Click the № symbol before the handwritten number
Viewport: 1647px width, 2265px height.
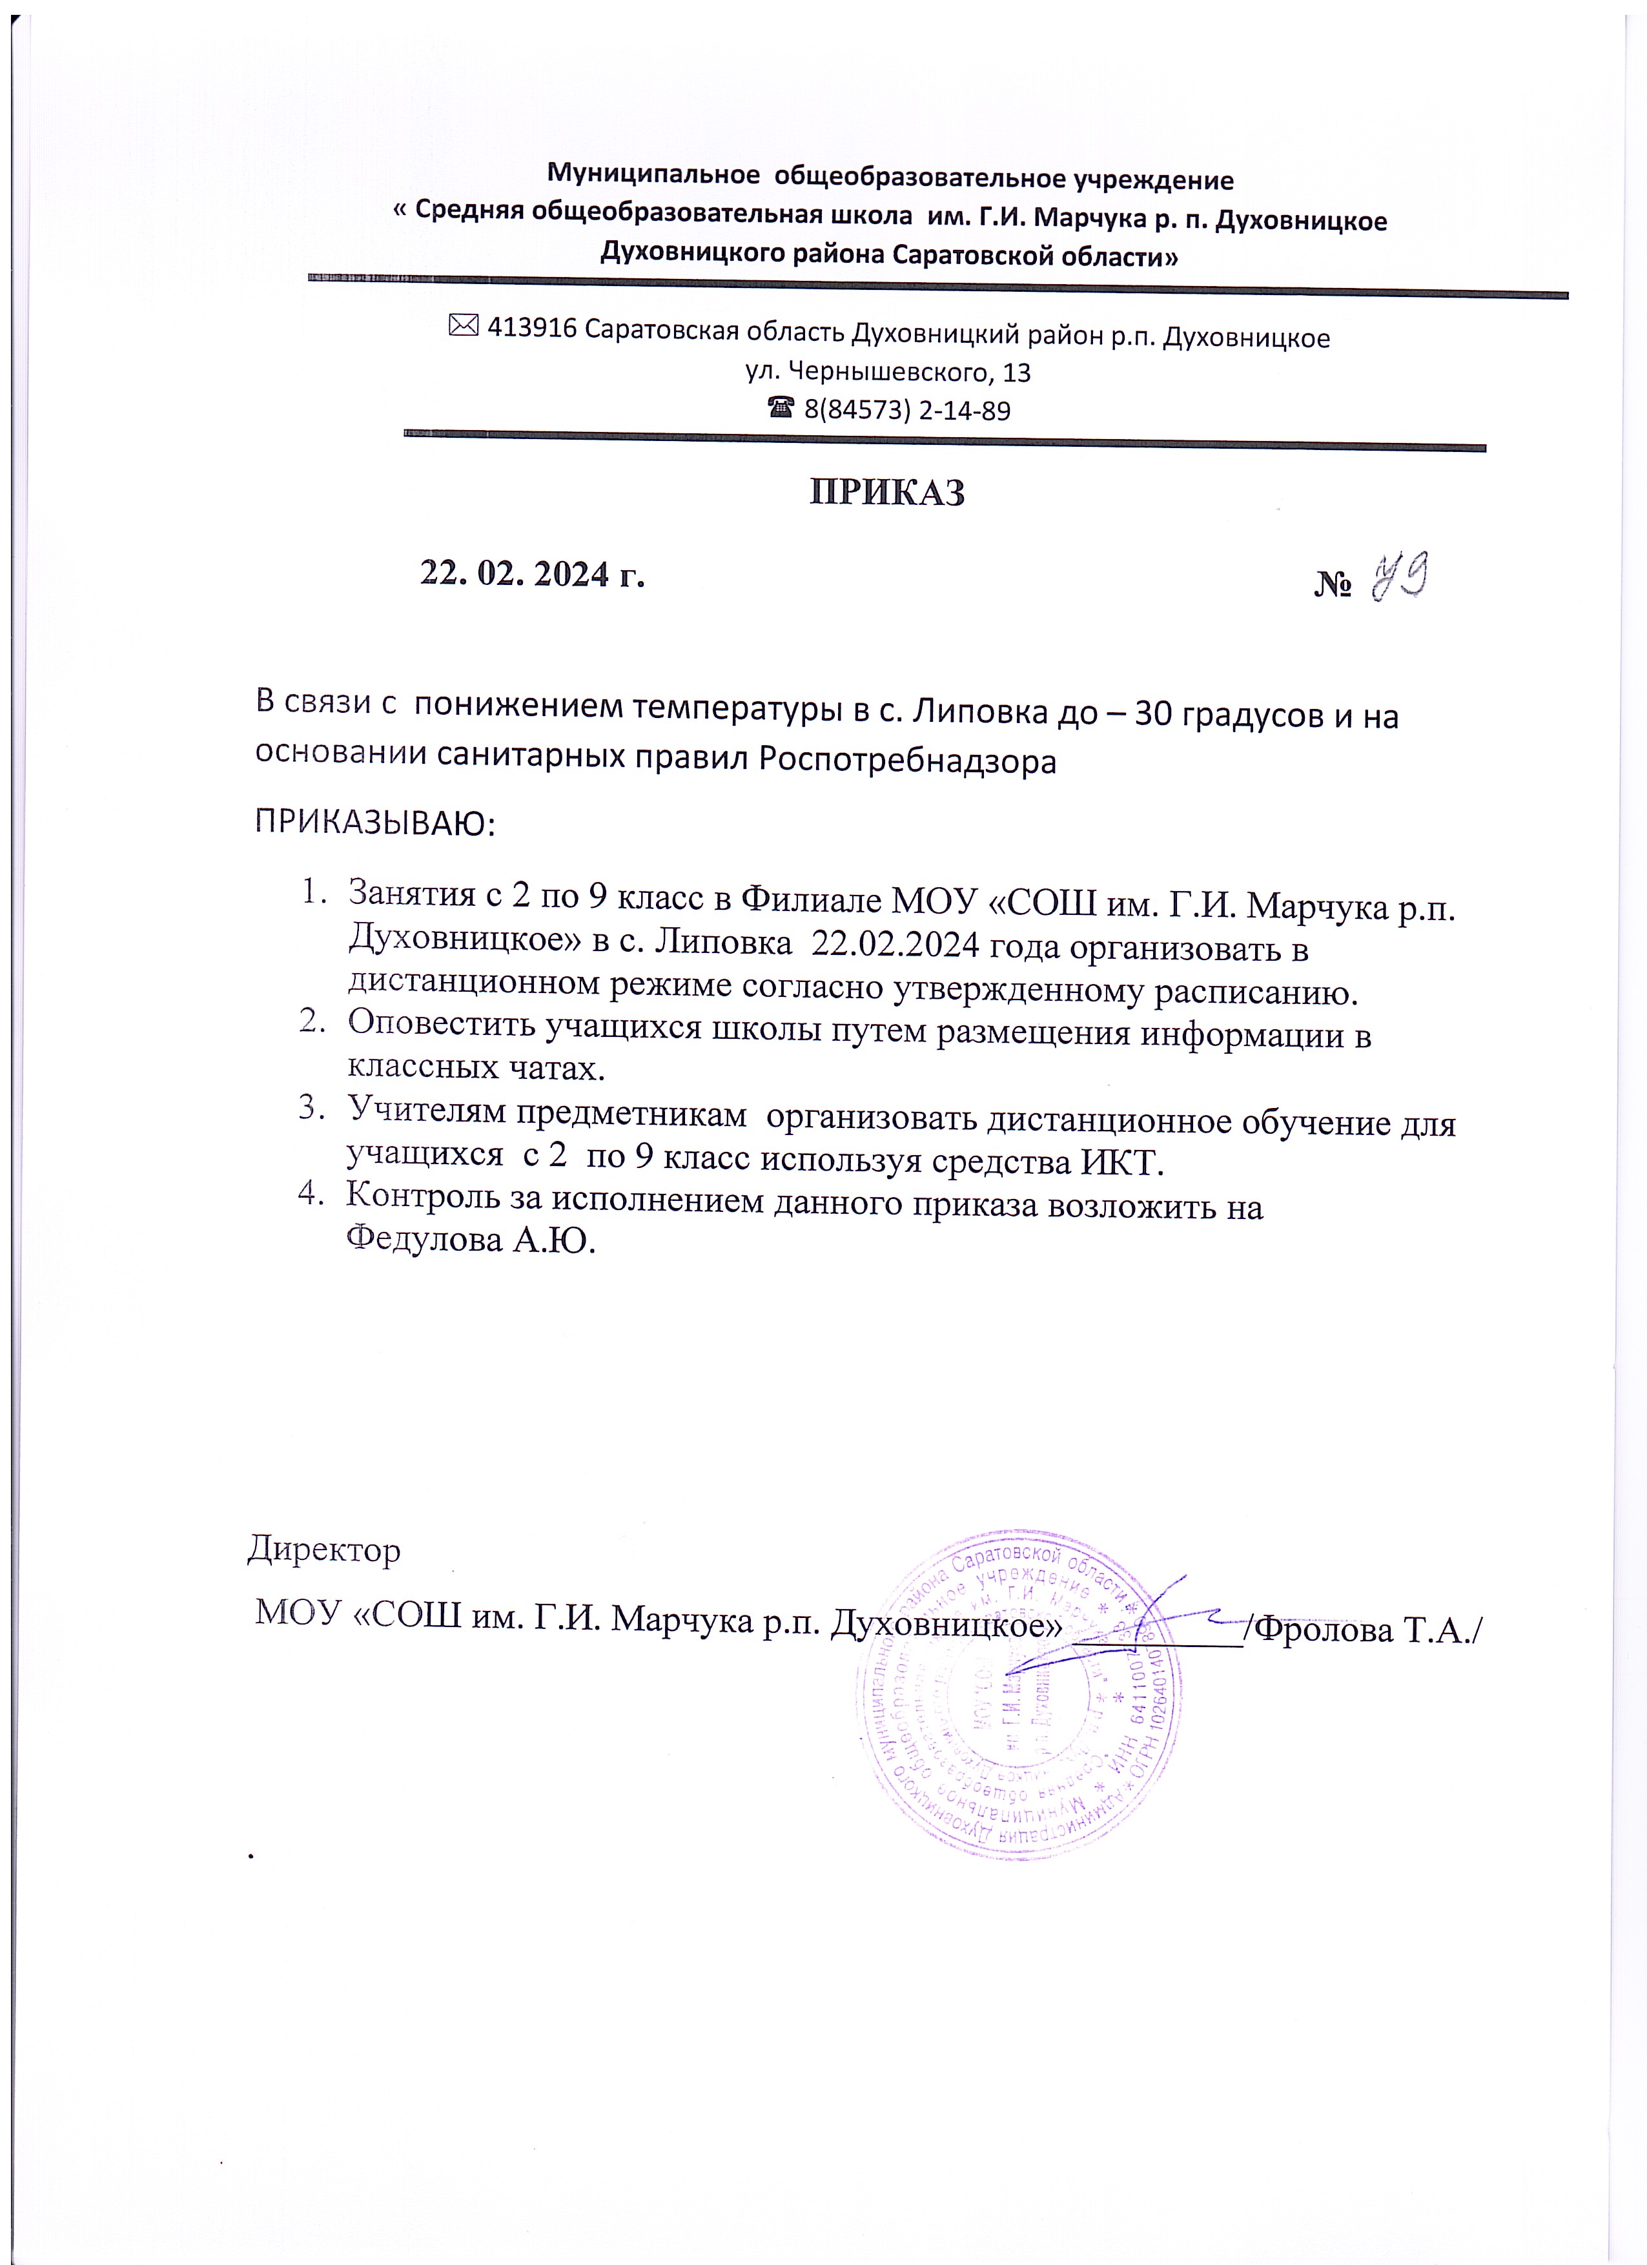coord(1333,584)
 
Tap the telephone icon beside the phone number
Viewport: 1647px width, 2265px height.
coord(781,407)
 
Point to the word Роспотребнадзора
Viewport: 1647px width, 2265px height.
coord(907,761)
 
